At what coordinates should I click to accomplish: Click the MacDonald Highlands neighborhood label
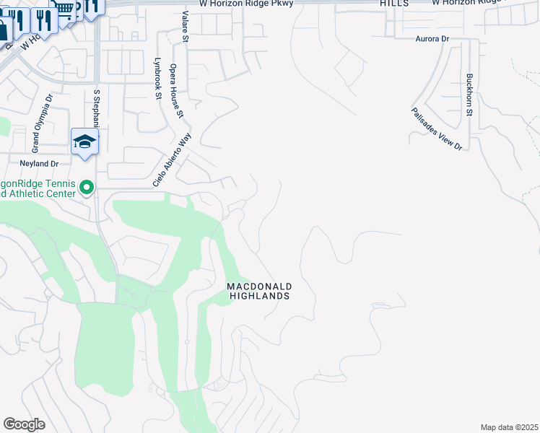coord(258,291)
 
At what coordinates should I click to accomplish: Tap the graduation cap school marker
coord(84,141)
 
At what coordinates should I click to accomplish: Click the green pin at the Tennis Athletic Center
coord(87,188)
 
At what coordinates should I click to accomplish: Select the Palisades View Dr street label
coord(437,128)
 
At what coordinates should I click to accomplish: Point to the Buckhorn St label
coord(469,95)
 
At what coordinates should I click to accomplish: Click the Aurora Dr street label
coord(432,38)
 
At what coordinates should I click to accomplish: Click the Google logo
coord(25,424)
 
